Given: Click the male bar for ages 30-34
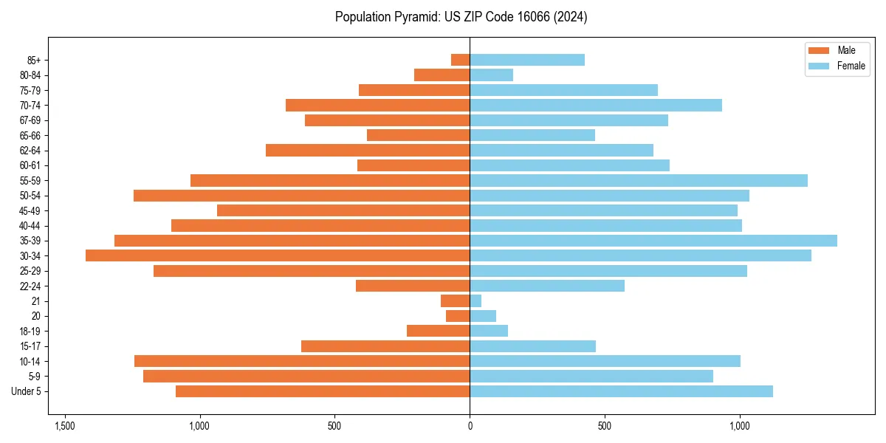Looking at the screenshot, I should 278,255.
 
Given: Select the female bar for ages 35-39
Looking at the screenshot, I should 653,241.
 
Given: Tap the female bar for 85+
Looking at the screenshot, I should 527,60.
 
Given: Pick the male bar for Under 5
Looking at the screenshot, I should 323,391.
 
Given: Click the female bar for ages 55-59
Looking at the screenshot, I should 639,180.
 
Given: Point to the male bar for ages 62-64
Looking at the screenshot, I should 368,150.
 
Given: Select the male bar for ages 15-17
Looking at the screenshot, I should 385,346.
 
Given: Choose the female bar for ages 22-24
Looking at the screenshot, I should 547,286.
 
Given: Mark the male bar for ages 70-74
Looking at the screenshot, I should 377,105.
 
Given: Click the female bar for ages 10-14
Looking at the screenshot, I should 605,361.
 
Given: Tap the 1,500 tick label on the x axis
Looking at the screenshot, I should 65,426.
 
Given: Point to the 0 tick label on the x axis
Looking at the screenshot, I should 470,426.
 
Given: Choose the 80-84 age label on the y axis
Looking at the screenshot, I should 30,75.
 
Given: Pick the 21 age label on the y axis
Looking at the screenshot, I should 35,301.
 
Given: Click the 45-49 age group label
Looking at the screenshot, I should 30,210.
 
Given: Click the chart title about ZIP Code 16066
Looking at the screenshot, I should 461,17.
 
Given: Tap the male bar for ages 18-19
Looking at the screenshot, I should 438,331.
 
